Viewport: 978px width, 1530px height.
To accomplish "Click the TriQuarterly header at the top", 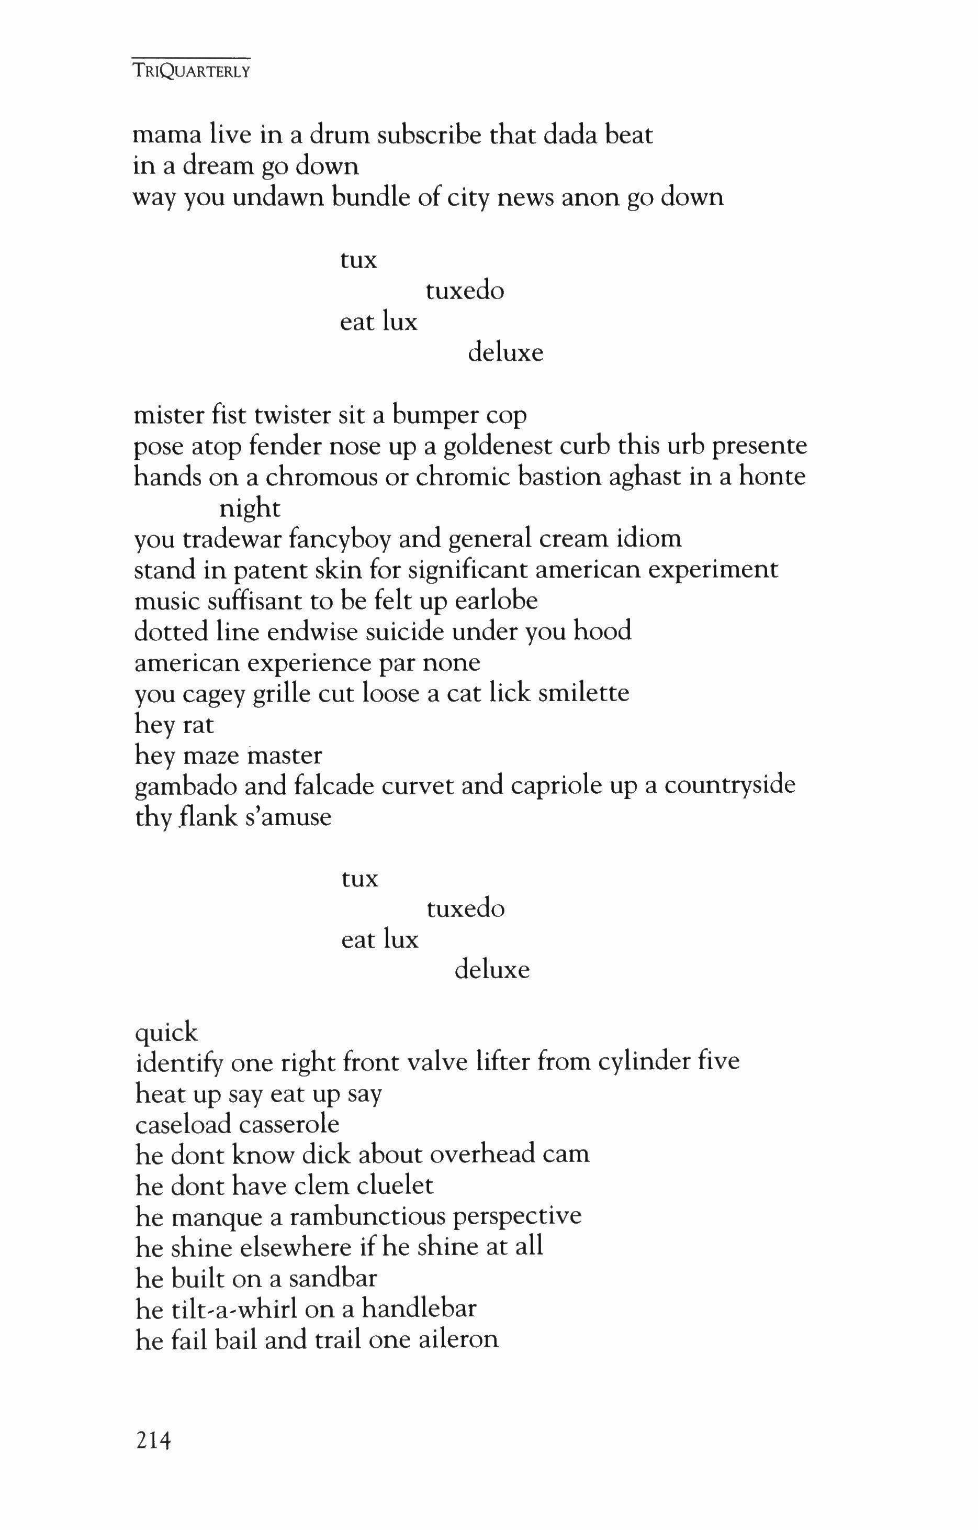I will [191, 71].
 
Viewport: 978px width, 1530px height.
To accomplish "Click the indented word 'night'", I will [250, 508].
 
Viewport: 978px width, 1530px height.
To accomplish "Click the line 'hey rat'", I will [175, 724].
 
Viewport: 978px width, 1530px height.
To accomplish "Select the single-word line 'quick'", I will [166, 1032].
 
